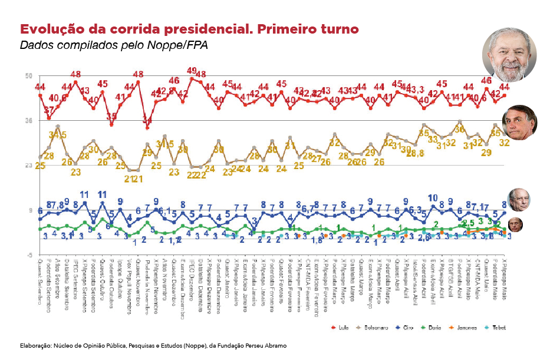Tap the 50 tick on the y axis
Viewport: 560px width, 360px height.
(28, 77)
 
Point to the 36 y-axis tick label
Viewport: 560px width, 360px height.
(28, 121)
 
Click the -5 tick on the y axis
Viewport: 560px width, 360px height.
(28, 255)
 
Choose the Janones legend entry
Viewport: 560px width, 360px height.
(466, 327)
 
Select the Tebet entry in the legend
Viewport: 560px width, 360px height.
(498, 327)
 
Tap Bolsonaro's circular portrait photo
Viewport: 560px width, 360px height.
(519, 122)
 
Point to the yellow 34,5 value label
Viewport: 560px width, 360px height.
(57, 135)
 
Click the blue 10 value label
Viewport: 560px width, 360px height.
(433, 198)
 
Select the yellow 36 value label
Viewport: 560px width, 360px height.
(460, 129)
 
